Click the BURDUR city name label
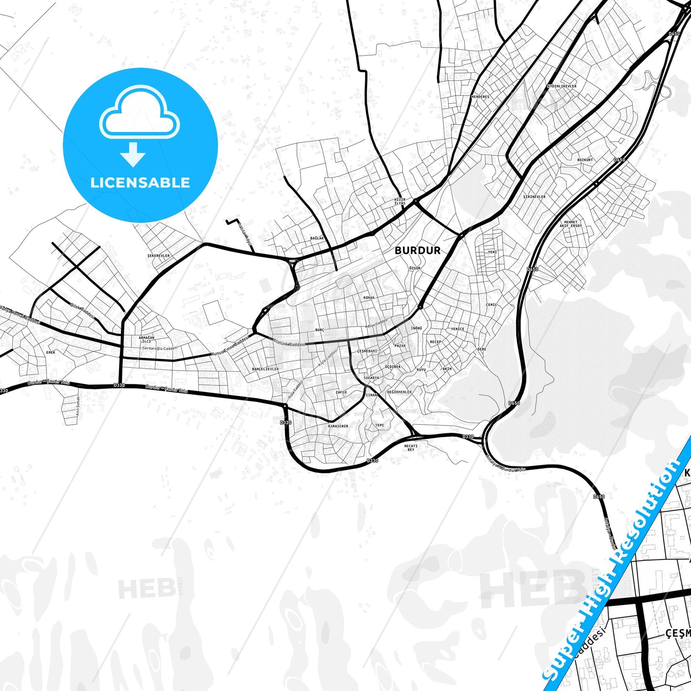coord(417,250)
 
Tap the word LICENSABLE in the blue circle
coord(140,183)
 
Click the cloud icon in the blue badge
coord(140,113)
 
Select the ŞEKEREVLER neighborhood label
coord(158,255)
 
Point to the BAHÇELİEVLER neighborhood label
coord(265,369)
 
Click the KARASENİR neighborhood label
coord(338,426)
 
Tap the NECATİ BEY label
coord(411,448)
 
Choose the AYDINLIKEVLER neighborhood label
coord(561,86)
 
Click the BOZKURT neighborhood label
coord(585,160)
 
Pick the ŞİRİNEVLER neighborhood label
coord(534,197)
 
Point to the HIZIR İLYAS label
coord(399,201)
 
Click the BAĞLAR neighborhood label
coord(317,238)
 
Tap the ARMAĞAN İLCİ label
coord(146,340)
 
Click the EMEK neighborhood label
coord(51,352)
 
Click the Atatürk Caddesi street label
coord(288,342)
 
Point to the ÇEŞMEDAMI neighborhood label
coord(367,351)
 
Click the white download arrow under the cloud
coord(133,154)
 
